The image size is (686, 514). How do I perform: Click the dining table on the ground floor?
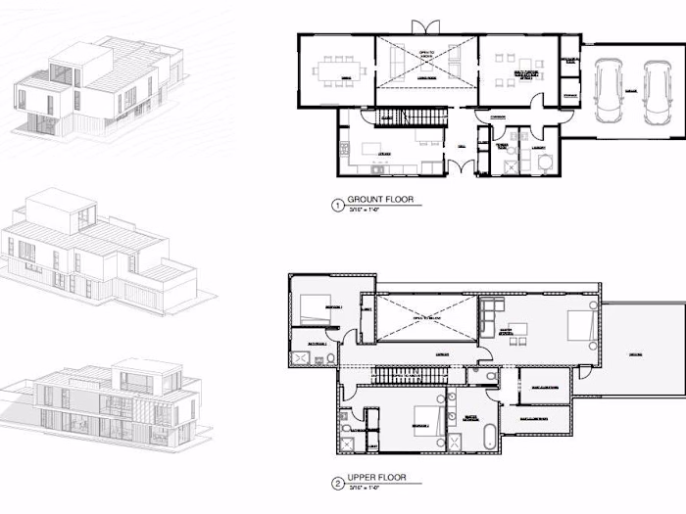tap(334, 70)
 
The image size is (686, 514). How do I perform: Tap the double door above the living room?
tap(417, 26)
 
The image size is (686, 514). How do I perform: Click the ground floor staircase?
tap(410, 117)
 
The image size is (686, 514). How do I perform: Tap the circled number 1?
tap(338, 205)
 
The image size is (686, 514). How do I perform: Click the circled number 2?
tap(338, 483)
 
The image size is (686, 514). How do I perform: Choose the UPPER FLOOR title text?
tap(377, 479)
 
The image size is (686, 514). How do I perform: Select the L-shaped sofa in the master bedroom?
tap(490, 317)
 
